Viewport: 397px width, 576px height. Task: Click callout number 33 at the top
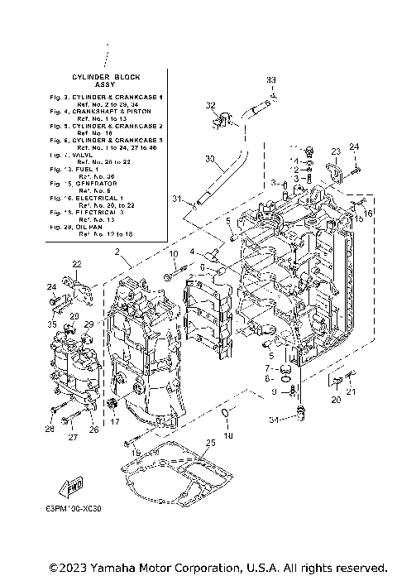click(x=270, y=79)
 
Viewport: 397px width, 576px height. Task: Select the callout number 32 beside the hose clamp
click(x=210, y=105)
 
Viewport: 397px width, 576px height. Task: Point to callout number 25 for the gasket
click(x=210, y=443)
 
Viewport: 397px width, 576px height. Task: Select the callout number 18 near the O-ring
click(x=229, y=435)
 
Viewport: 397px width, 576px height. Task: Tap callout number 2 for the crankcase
click(x=117, y=251)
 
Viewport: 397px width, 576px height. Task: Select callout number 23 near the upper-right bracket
click(x=336, y=151)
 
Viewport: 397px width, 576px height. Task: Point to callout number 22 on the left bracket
click(x=76, y=264)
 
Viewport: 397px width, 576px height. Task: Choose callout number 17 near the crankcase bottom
click(x=115, y=421)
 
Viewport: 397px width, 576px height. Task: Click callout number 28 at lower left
click(x=50, y=429)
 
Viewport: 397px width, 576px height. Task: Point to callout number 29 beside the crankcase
click(x=88, y=324)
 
